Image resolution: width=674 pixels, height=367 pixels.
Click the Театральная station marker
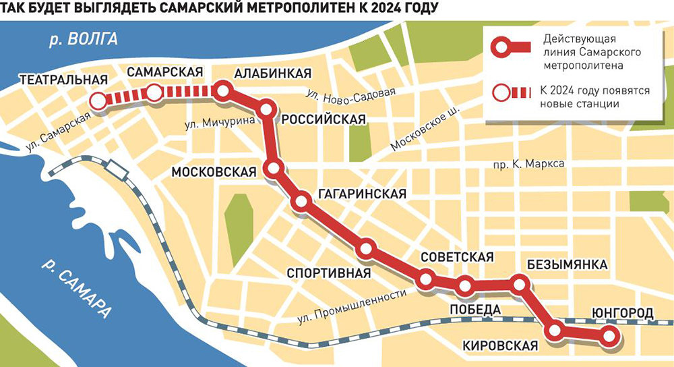(98, 101)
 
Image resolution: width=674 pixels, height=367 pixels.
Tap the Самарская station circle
(154, 94)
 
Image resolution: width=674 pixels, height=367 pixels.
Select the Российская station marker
(267, 109)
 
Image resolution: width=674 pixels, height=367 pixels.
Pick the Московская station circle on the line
(274, 169)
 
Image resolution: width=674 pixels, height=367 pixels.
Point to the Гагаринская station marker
(301, 201)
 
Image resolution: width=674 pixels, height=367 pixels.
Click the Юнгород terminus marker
(609, 335)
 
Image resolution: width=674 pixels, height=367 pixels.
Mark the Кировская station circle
(555, 330)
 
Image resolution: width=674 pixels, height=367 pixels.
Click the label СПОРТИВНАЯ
(329, 273)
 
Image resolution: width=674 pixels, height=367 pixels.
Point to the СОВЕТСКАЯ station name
(457, 257)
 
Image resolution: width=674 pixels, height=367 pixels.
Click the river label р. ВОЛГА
(84, 39)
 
